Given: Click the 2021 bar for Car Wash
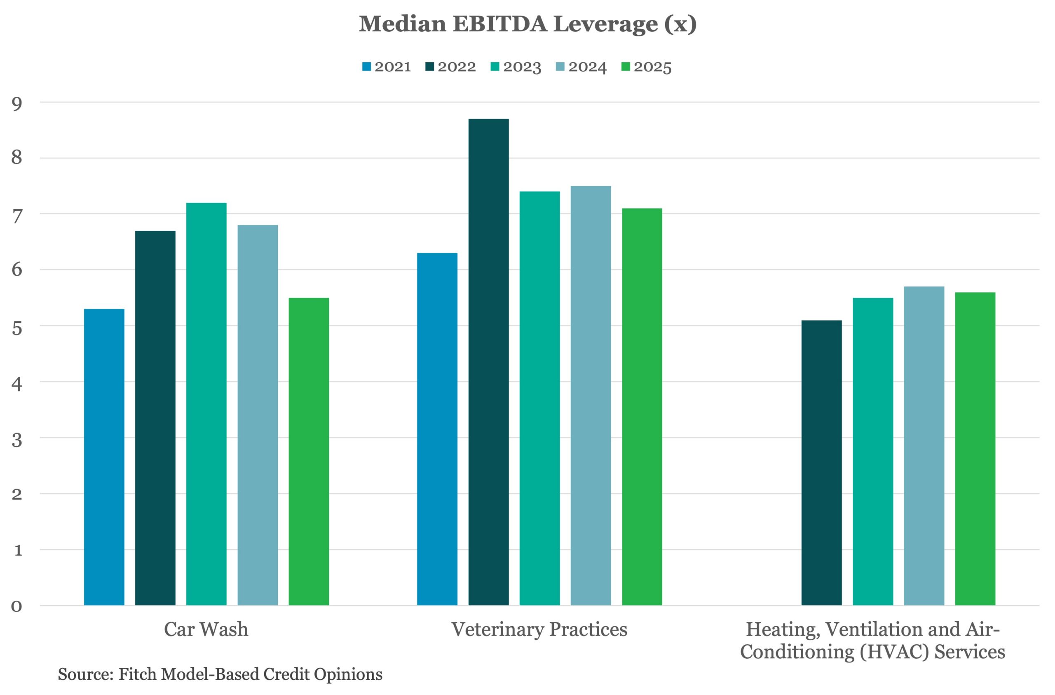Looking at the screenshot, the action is (x=104, y=457).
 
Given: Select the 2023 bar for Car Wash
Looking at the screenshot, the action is (x=206, y=404).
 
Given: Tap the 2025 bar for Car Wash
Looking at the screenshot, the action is (x=309, y=452).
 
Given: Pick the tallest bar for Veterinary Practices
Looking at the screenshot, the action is (x=488, y=362).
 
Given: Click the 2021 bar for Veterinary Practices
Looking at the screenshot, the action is (x=438, y=429).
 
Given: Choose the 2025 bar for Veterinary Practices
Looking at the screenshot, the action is (x=642, y=407).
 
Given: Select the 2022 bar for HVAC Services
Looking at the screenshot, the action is (x=821, y=463).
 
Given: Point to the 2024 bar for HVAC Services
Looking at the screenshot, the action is (x=924, y=446).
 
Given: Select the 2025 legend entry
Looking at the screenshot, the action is (x=646, y=67).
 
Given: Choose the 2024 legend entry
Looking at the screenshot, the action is (x=581, y=67).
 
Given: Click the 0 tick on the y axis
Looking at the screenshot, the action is (x=17, y=606).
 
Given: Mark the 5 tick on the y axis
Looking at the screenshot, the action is (x=17, y=328).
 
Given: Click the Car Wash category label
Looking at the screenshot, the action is (x=206, y=629).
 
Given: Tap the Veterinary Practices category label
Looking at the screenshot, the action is (x=539, y=629).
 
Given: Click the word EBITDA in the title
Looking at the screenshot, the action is (x=499, y=23).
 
